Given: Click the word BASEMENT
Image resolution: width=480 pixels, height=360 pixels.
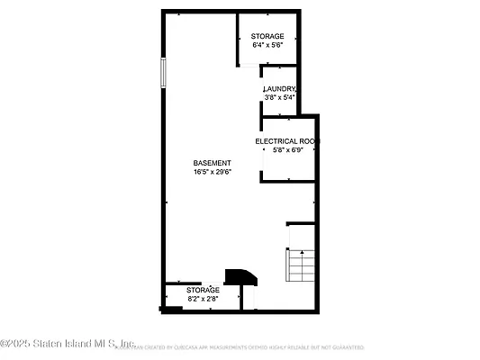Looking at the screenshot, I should pyautogui.click(x=212, y=163).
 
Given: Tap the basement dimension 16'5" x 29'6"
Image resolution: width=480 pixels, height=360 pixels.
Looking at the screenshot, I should pyautogui.click(x=212, y=172).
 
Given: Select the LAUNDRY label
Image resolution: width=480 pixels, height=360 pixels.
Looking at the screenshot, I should pyautogui.click(x=280, y=89).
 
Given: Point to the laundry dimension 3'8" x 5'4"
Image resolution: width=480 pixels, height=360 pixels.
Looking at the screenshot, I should pyautogui.click(x=280, y=97).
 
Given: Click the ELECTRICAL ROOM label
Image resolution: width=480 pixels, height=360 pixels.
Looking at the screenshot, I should pyautogui.click(x=287, y=141).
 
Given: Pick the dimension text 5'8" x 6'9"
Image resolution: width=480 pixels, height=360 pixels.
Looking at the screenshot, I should pyautogui.click(x=287, y=150).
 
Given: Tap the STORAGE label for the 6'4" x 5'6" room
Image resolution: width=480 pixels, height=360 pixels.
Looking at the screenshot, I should pyautogui.click(x=267, y=37).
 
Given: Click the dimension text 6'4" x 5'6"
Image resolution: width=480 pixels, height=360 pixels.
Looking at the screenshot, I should pyautogui.click(x=267, y=46).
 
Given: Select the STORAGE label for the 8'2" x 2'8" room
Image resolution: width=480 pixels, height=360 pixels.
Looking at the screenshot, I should pyautogui.click(x=203, y=290).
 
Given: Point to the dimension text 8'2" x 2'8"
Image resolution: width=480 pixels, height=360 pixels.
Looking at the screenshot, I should pyautogui.click(x=203, y=298).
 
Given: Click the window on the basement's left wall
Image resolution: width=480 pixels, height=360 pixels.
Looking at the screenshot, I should pyautogui.click(x=163, y=73).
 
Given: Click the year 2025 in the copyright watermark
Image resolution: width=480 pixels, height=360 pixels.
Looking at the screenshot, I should pyautogui.click(x=24, y=343).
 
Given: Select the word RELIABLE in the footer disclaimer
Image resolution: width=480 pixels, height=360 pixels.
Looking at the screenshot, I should pyautogui.click(x=313, y=346).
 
